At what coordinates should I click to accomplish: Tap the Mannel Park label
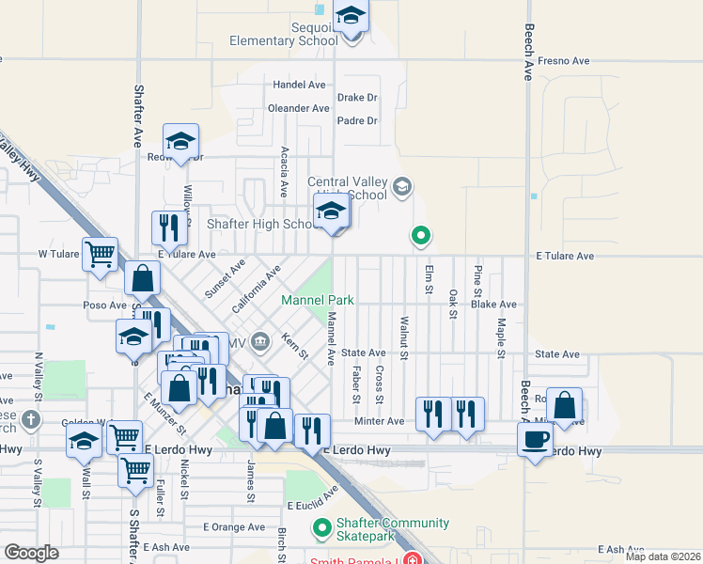318,301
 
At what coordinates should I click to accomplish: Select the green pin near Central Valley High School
421,235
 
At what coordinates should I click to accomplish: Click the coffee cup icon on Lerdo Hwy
536,438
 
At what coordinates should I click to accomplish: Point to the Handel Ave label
299,85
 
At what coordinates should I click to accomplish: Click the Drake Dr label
357,97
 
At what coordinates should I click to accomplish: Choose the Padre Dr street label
357,120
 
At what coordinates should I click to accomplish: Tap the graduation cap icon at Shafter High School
332,211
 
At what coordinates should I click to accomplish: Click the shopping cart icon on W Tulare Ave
100,253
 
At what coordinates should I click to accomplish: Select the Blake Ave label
494,305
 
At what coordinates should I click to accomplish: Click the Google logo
31,553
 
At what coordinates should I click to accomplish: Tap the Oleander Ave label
299,108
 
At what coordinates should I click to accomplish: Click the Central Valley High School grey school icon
401,186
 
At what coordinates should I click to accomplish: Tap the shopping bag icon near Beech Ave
564,406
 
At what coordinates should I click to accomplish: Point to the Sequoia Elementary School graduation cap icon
351,16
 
